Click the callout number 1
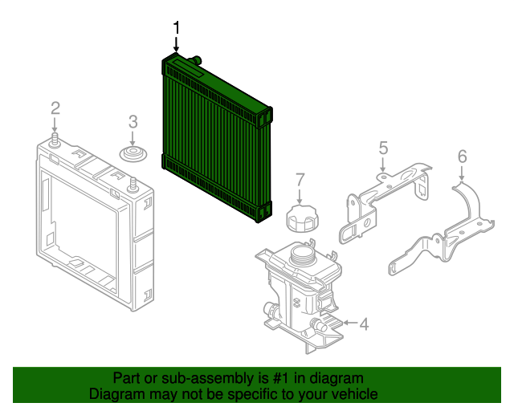176,29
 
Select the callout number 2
55,108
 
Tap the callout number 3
133,122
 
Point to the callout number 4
364,324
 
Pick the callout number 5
383,147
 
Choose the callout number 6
462,155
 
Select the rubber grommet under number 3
133,154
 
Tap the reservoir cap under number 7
300,217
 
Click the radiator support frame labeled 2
88,225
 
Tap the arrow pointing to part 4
347,324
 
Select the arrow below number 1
176,47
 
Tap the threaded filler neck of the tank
302,256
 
